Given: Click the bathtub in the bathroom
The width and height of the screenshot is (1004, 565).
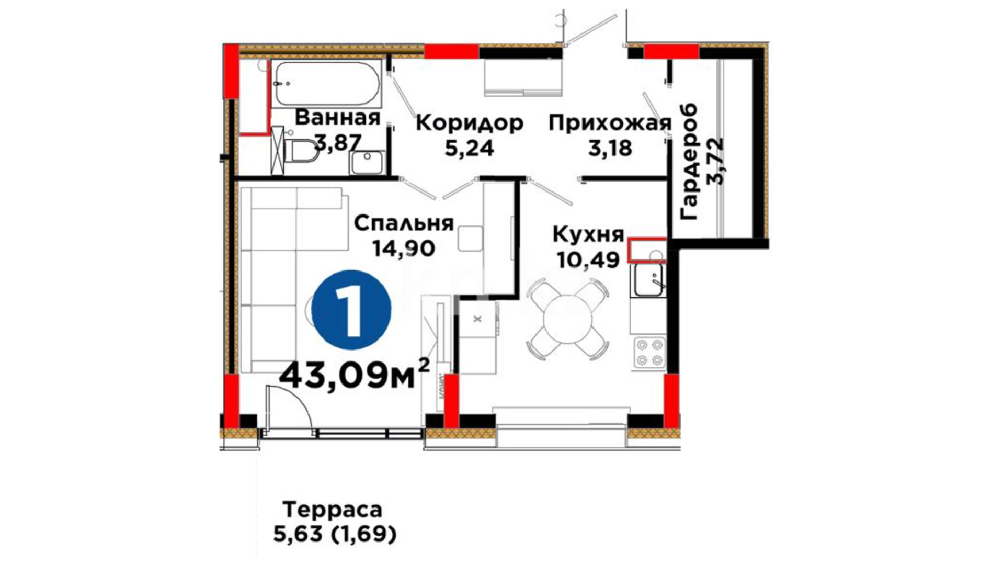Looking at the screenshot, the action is pos(326,84).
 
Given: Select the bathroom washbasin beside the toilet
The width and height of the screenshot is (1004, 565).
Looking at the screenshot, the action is pos(368,162).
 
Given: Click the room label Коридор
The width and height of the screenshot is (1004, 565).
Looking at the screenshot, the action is pos(470,123).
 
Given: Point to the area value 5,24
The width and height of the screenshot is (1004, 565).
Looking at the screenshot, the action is pos(469,149).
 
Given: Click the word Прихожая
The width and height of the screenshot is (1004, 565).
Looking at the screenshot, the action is pos(610,124).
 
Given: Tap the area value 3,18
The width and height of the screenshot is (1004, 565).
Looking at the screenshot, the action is pos(610,149).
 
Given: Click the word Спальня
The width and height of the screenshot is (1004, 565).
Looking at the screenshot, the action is pos(404,223).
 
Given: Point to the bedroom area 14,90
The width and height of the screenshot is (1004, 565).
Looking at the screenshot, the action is pos(403,248).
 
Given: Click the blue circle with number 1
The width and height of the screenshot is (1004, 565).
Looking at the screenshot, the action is pos(351,310).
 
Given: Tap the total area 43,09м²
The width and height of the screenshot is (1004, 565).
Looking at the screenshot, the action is pos(355,376).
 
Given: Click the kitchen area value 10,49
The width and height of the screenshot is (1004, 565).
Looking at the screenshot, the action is pos(589,259).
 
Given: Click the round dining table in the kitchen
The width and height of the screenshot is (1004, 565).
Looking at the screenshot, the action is pos(567,318).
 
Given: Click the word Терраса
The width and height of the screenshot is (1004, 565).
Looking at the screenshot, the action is pos(333,509).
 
